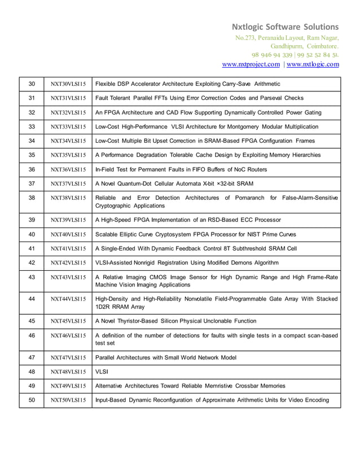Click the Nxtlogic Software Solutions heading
click(286, 27)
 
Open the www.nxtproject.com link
click(251, 64)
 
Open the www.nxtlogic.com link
click(313, 64)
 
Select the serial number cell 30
click(32, 84)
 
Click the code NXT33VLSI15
click(68, 127)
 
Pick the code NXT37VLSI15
click(68, 184)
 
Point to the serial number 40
click(32, 234)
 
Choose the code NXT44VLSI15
click(68, 299)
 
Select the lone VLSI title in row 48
click(102, 372)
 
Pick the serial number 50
click(32, 400)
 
